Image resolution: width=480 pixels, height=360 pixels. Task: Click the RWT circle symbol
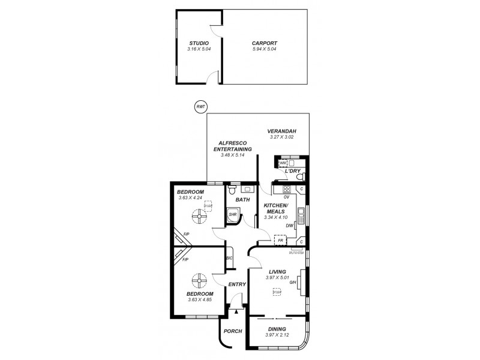tap(199, 107)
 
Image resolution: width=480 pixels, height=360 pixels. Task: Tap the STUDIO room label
tap(199, 43)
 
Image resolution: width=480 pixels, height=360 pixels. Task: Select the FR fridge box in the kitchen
tap(279, 241)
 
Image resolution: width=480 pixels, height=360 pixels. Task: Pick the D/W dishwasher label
tap(289, 226)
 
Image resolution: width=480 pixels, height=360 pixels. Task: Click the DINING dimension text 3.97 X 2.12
tap(277, 335)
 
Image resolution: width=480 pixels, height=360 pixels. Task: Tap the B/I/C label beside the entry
tap(229, 258)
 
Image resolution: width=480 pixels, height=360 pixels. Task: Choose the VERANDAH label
tap(282, 131)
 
